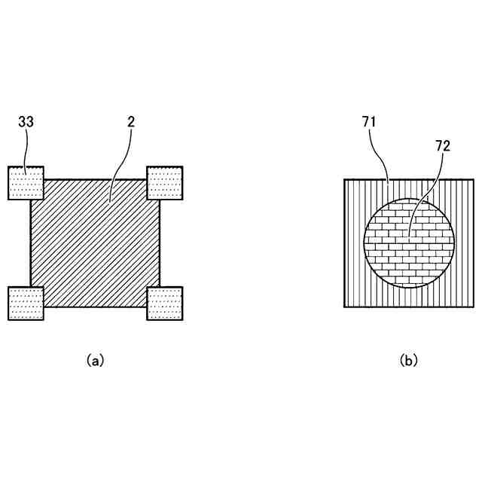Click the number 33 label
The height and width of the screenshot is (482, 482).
pyautogui.click(x=25, y=121)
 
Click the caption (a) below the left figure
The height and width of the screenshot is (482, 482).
pyautogui.click(x=96, y=361)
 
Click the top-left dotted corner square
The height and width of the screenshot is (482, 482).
pyautogui.click(x=26, y=183)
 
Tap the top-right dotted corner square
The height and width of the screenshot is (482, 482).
pyautogui.click(x=164, y=183)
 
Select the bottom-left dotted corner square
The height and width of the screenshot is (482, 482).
pyautogui.click(x=26, y=304)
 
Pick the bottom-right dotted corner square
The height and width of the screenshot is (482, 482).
pyautogui.click(x=164, y=304)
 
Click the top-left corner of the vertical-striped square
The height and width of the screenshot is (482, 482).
pyautogui.click(x=345, y=180)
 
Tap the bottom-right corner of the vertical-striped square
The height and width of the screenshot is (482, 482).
pyautogui.click(x=474, y=307)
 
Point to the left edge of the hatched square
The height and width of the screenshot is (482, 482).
pyautogui.click(x=31, y=243)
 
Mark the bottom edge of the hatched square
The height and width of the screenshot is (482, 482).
pyautogui.click(x=96, y=307)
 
